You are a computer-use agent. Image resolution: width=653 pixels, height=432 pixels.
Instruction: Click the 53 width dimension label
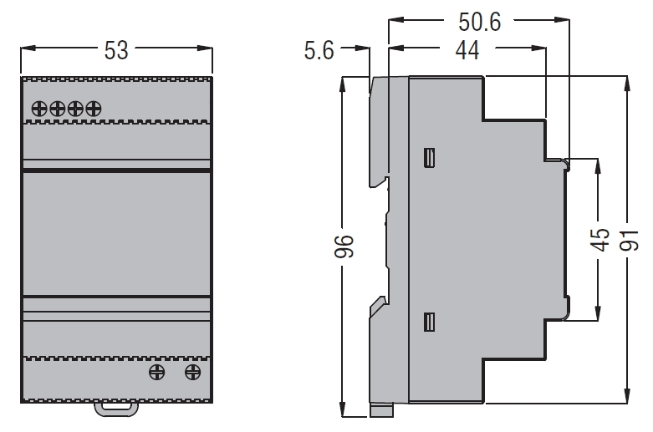click(x=116, y=50)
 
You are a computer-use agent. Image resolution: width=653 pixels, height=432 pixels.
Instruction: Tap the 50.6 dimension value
click(x=479, y=22)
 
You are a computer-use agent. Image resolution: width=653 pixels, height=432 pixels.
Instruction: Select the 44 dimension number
click(x=467, y=50)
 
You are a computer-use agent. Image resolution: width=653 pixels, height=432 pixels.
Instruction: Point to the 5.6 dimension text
click(x=319, y=50)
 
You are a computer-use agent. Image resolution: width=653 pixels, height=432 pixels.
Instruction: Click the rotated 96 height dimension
click(x=344, y=246)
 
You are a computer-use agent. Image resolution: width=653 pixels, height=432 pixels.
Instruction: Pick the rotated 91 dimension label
click(x=629, y=240)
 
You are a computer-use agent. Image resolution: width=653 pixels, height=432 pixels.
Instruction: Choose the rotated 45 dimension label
click(x=600, y=240)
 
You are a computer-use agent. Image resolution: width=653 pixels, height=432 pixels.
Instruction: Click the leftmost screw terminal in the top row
click(x=39, y=109)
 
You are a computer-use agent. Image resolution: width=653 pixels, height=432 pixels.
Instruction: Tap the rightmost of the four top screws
click(x=94, y=109)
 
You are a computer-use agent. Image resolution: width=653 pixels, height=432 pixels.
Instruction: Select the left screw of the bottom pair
click(x=156, y=372)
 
